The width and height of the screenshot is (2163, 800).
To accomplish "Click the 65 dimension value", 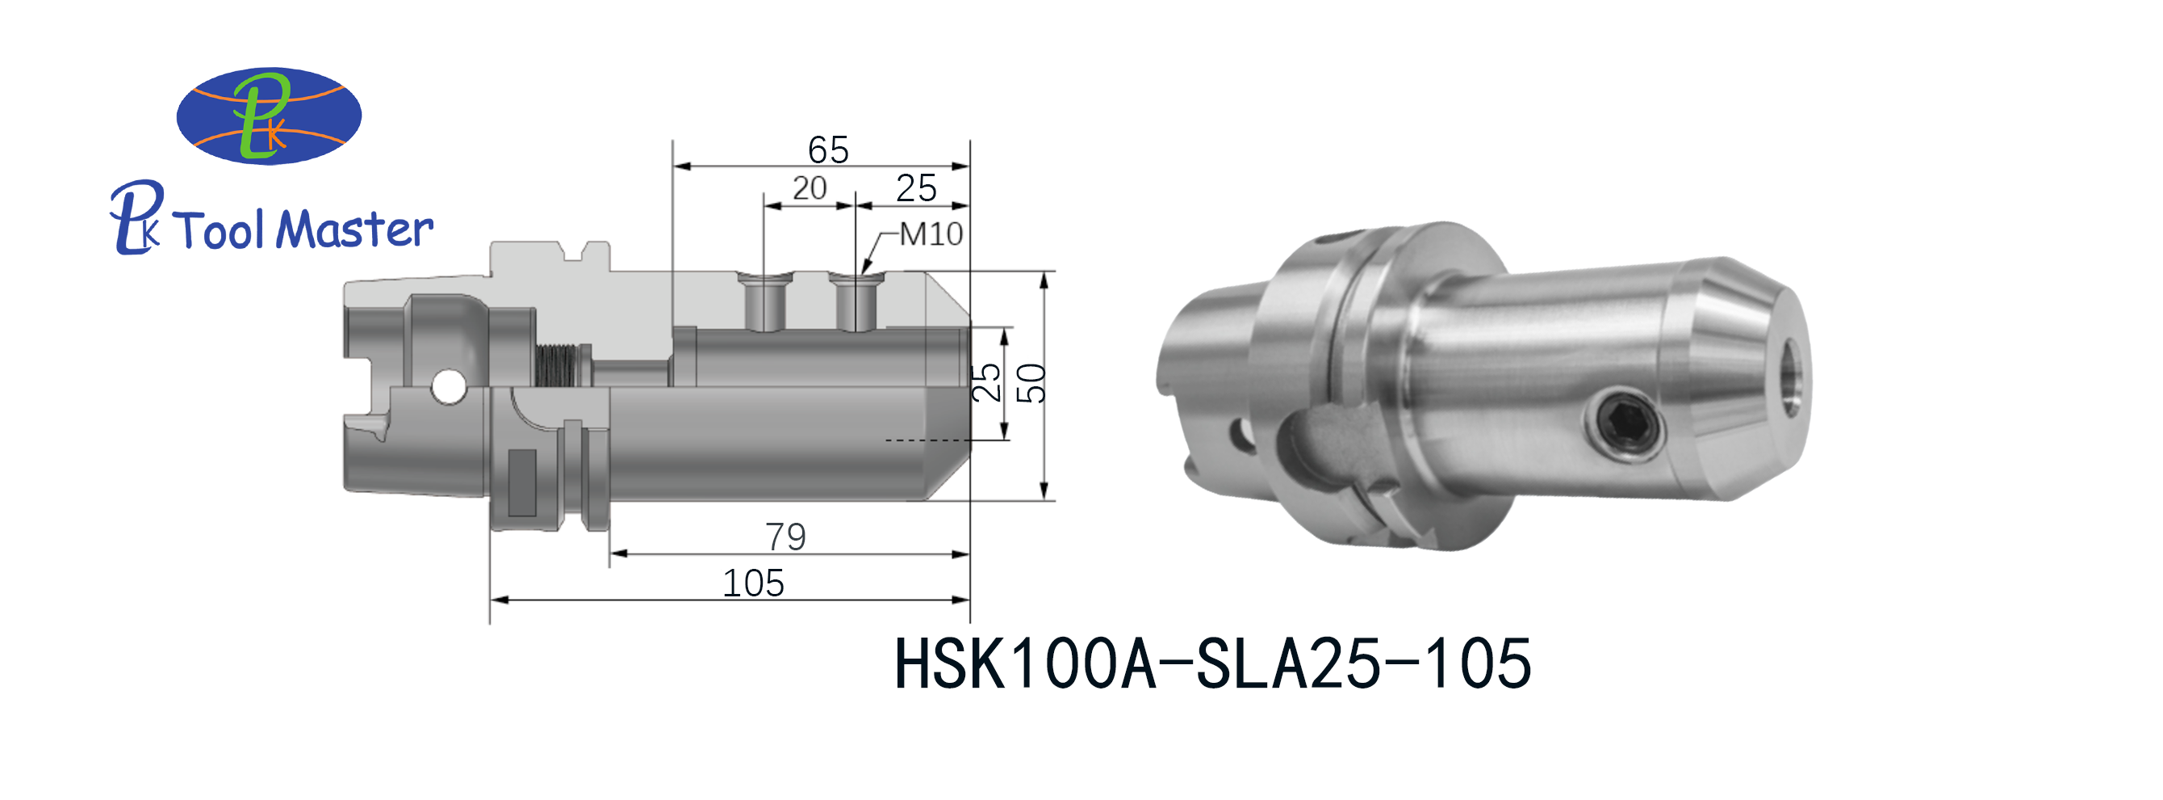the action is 828,150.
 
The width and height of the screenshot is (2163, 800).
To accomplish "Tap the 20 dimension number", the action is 810,188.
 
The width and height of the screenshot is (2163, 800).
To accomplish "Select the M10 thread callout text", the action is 931,234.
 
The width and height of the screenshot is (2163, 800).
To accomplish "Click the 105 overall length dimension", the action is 753,583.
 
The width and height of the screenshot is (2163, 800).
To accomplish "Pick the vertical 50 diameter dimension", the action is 1032,383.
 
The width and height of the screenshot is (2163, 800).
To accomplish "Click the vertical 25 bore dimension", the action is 986,383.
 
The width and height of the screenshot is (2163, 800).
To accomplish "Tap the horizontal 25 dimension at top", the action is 915,188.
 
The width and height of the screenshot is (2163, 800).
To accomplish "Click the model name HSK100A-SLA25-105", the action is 1212,664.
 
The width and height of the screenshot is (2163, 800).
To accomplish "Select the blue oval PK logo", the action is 269,116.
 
